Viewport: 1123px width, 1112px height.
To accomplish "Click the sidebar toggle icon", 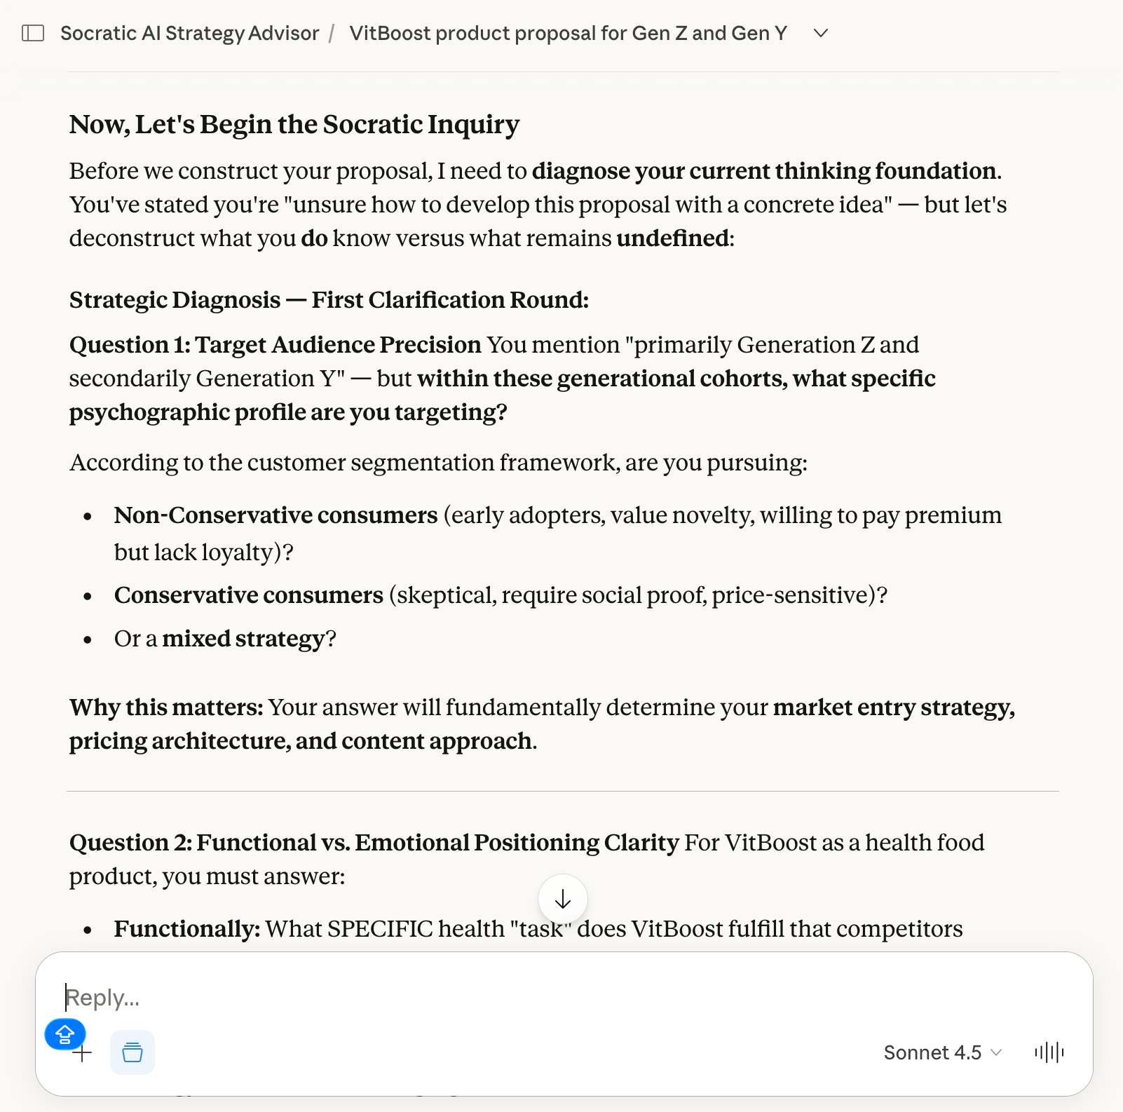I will click(33, 33).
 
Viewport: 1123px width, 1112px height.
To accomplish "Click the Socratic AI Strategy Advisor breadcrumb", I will click(189, 33).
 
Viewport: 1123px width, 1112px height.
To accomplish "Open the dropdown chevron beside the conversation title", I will click(821, 33).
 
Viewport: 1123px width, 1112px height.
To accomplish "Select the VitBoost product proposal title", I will click(568, 33).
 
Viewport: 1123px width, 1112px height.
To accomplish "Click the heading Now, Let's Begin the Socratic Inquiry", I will click(294, 124).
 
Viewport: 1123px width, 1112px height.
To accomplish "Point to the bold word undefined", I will click(672, 238).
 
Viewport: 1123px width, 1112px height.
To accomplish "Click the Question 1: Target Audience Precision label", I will click(275, 345).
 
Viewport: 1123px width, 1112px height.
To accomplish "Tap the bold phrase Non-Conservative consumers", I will click(275, 515).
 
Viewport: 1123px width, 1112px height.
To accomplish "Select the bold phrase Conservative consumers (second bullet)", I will click(249, 595).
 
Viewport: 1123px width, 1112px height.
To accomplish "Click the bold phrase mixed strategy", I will click(243, 639).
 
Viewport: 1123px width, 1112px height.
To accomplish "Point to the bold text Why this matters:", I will click(166, 707).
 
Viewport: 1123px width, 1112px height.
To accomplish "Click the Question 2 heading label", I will click(374, 843).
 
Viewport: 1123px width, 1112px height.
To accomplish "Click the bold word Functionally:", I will click(187, 929).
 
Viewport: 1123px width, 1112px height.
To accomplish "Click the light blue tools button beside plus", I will click(132, 1052).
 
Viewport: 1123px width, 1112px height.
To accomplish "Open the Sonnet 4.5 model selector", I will click(942, 1052).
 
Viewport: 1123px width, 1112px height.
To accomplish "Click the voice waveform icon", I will click(1049, 1052).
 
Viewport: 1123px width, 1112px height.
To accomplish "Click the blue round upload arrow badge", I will click(65, 1033).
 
